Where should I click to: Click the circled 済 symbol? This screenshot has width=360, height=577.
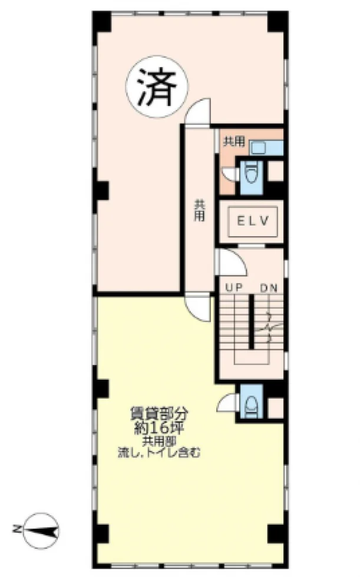[x=157, y=87]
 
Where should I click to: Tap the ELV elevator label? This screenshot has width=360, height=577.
[x=253, y=221]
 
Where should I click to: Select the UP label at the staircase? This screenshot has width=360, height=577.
[x=234, y=287]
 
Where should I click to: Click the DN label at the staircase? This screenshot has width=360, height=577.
[x=269, y=288]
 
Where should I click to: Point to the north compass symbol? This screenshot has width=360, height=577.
[x=41, y=530]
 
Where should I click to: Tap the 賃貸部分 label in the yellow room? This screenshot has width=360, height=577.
[x=159, y=414]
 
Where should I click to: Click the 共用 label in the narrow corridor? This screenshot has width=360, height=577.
[x=200, y=211]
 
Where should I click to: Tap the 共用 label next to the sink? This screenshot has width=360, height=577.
[x=235, y=141]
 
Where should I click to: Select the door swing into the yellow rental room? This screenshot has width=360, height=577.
[x=198, y=309]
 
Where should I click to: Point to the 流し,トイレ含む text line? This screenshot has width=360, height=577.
[x=159, y=452]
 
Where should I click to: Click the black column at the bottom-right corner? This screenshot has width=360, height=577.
[x=278, y=535]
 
